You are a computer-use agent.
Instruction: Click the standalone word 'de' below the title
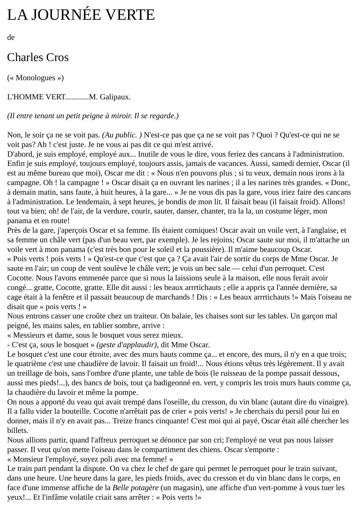(11, 37)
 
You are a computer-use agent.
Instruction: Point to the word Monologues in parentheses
(35, 78)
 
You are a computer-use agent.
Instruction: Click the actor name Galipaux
(115, 97)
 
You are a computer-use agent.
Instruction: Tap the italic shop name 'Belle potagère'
(136, 488)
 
